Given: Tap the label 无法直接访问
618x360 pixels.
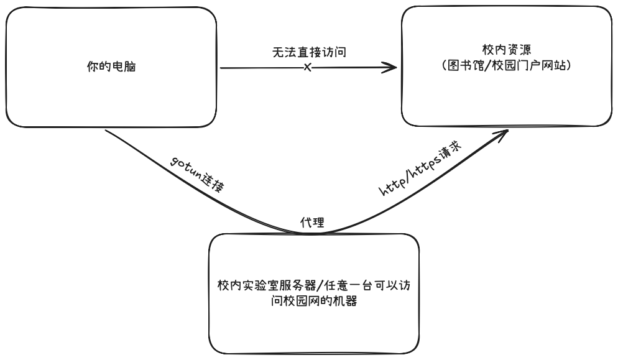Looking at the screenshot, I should (x=308, y=53).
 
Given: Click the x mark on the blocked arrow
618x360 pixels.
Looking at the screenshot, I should (x=307, y=67).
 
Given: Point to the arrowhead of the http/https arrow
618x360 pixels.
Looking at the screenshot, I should (x=505, y=132).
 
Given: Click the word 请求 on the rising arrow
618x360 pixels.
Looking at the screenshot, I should (x=450, y=157).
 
